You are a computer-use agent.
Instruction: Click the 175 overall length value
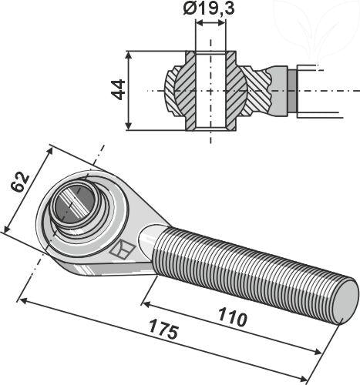[x=165, y=333]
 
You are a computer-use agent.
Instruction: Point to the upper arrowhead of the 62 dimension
[x=48, y=146]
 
